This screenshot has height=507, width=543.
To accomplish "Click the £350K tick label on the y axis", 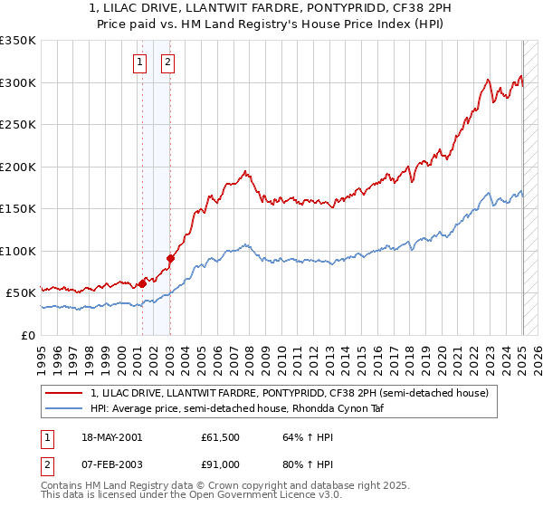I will (x=18, y=41).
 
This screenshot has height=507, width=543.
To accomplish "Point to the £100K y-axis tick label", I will (x=18, y=251).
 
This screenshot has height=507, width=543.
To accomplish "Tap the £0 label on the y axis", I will (x=29, y=335).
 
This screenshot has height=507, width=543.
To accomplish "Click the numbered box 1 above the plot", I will (x=141, y=62).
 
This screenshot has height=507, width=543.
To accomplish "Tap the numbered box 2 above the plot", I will (x=168, y=62).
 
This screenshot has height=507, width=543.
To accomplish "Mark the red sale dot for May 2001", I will (x=142, y=283).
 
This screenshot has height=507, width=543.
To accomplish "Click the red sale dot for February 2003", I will (x=170, y=258).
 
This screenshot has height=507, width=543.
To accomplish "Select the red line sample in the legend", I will (x=64, y=393).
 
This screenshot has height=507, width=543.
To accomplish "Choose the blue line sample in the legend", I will (x=64, y=408).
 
